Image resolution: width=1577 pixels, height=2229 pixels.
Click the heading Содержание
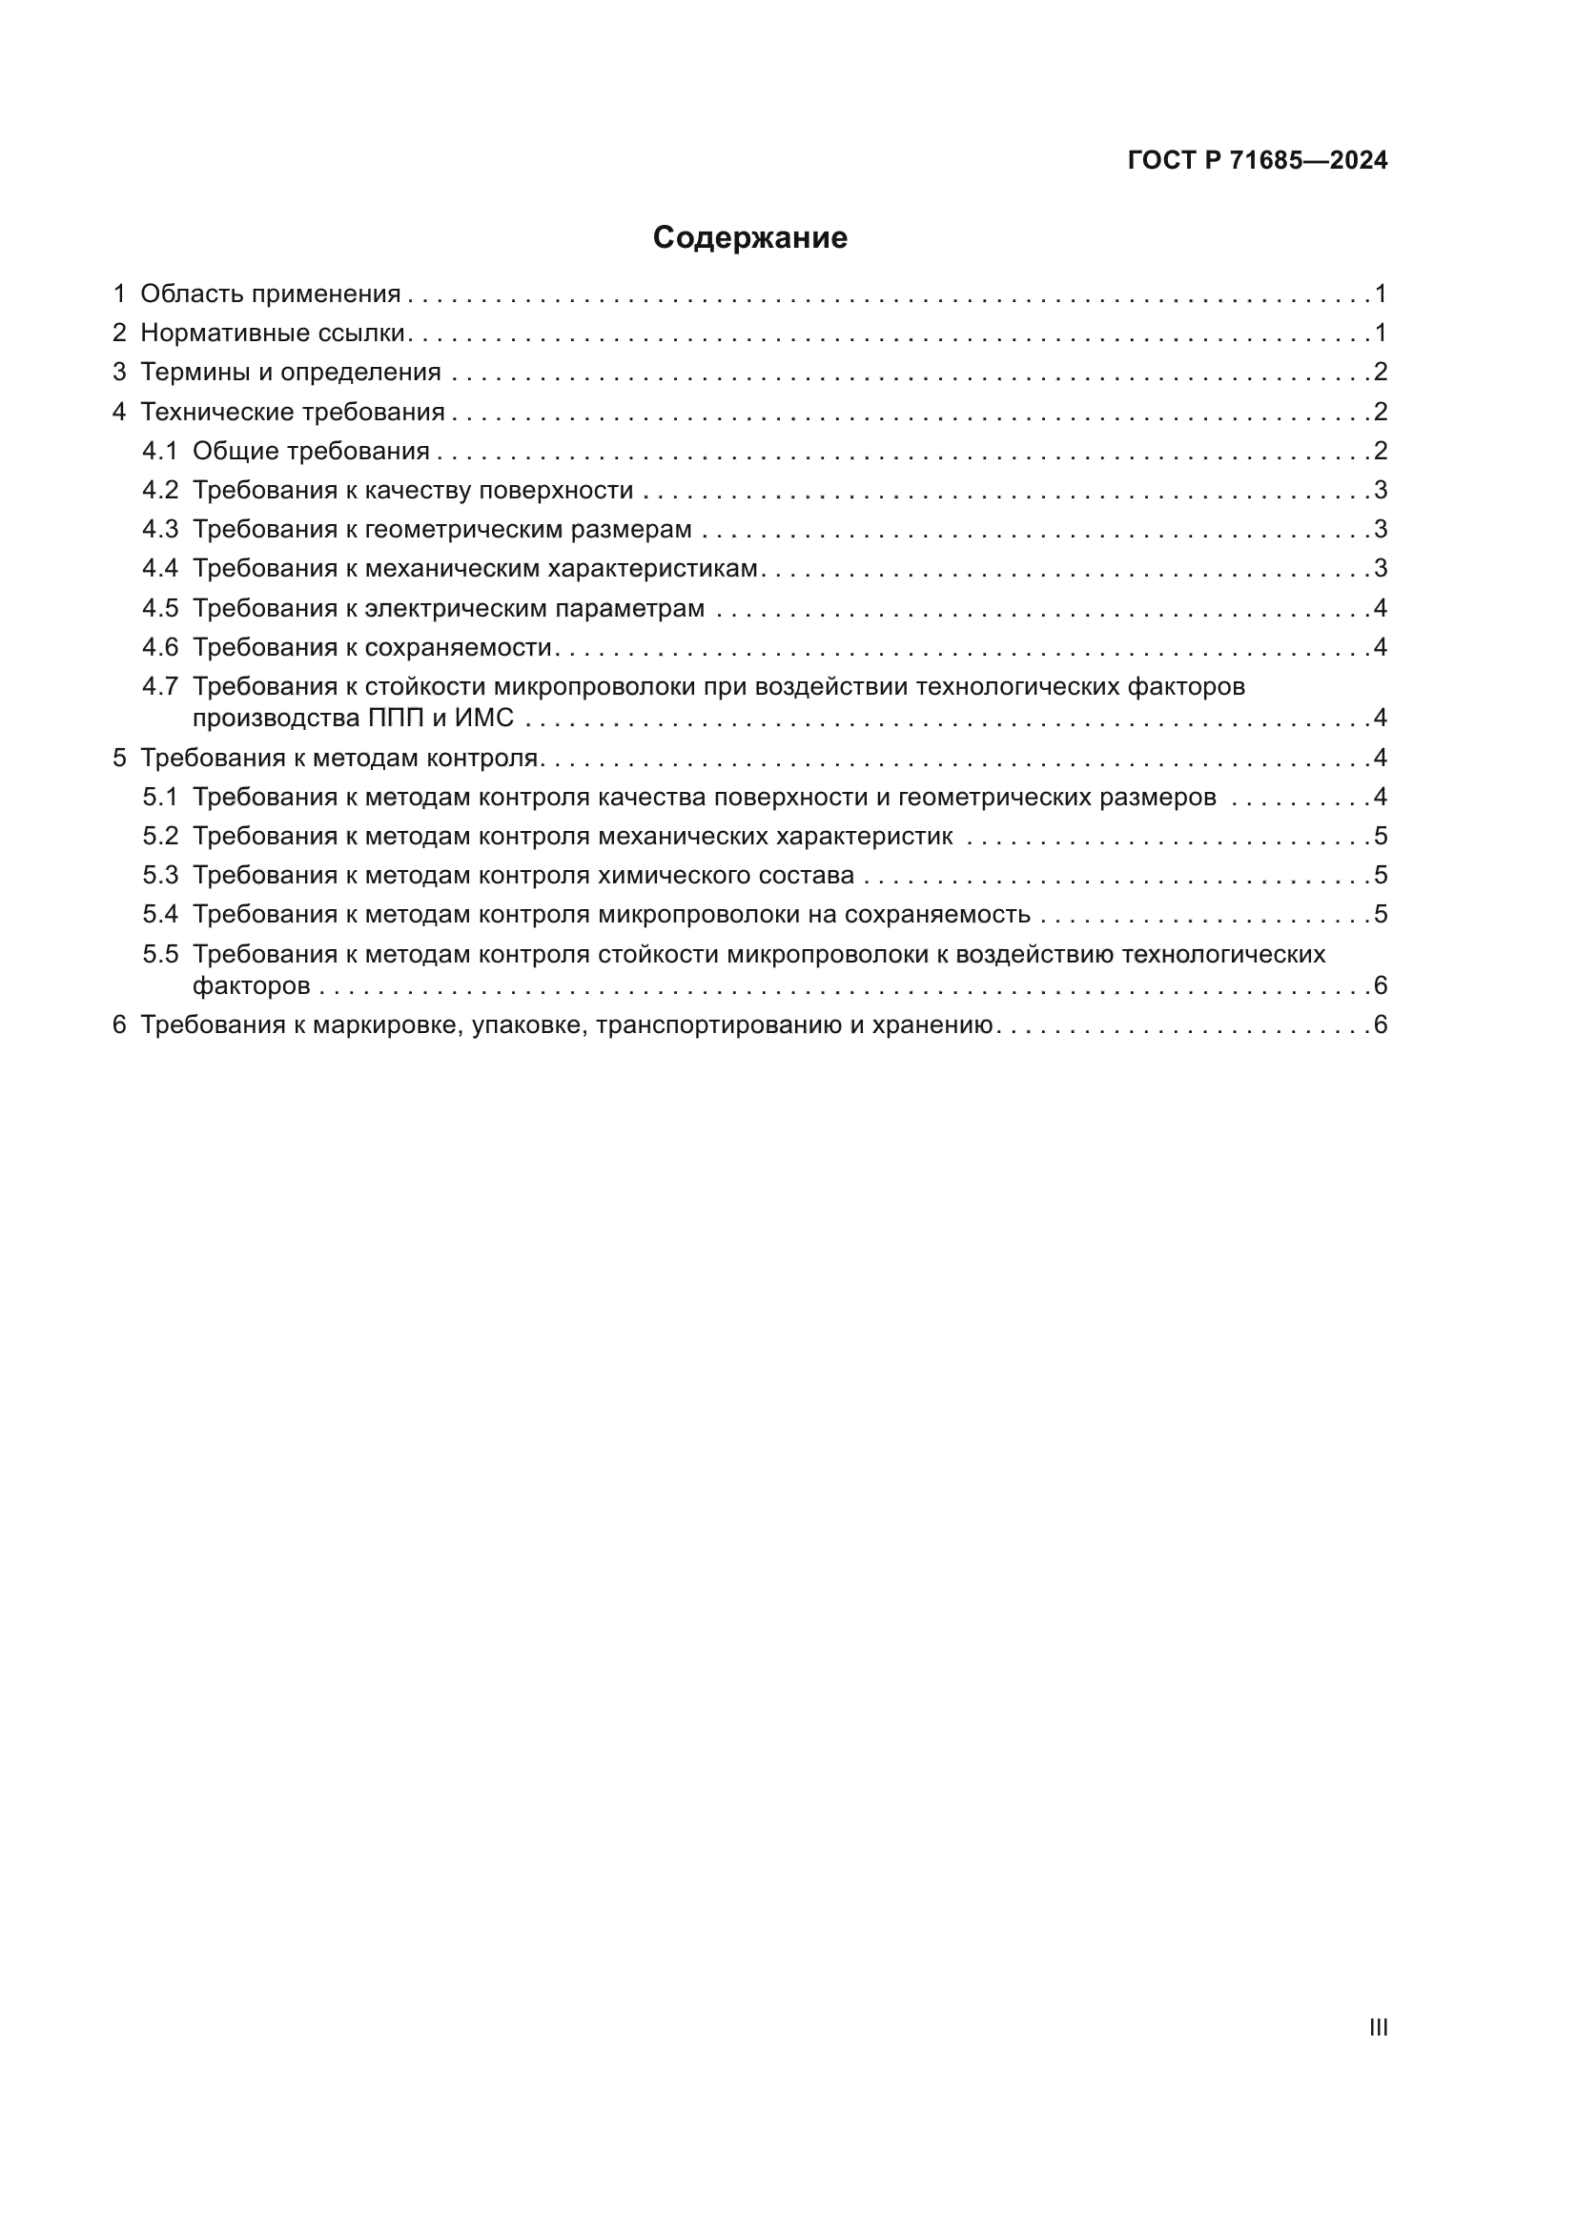749,238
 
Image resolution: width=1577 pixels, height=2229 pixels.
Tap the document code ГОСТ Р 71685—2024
1258,160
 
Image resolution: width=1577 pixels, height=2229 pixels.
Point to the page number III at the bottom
1378,2028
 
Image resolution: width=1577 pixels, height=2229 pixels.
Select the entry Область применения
270,294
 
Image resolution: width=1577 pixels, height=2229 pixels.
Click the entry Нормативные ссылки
272,333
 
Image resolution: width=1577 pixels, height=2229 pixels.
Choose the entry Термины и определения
291,372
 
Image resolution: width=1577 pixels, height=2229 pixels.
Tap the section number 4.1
160,451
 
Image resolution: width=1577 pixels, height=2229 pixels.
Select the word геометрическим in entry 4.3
461,529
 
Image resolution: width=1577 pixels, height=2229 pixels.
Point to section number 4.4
160,569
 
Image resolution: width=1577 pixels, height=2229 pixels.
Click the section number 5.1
160,797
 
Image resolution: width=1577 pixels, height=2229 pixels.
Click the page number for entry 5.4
1380,915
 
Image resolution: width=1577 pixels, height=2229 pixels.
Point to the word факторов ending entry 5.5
252,986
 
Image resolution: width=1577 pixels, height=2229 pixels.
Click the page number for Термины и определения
1380,372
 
